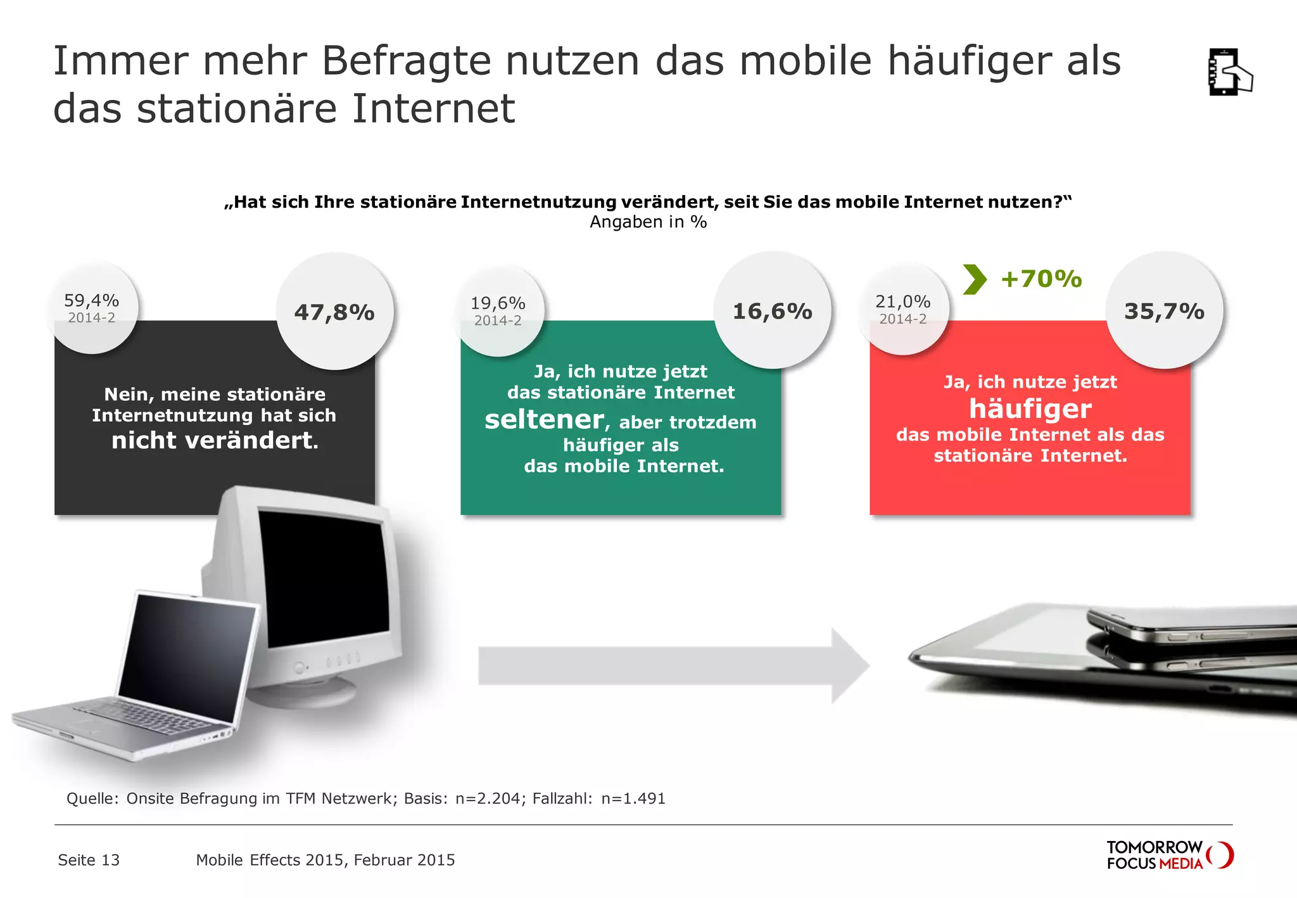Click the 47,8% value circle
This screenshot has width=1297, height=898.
point(334,312)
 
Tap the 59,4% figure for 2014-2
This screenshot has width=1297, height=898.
point(91,300)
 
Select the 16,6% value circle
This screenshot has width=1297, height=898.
point(772,311)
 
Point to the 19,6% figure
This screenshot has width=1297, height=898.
point(498,303)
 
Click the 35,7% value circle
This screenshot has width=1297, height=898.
point(1164,311)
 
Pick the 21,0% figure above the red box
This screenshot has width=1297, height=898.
point(902,301)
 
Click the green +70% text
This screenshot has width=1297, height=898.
point(1041,279)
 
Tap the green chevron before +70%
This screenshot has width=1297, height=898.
point(975,279)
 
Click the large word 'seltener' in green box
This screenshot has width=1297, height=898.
point(544,420)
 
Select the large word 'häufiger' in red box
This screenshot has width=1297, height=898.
point(1030,408)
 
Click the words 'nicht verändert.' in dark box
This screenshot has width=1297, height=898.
point(215,441)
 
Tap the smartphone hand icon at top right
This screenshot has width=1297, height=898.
point(1229,72)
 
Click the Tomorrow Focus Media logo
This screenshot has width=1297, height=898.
point(1169,855)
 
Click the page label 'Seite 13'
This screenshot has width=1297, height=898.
point(89,860)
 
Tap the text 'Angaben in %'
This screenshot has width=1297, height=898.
point(648,222)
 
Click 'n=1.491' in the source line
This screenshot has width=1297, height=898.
point(633,799)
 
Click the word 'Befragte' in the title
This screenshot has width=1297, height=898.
point(406,61)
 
